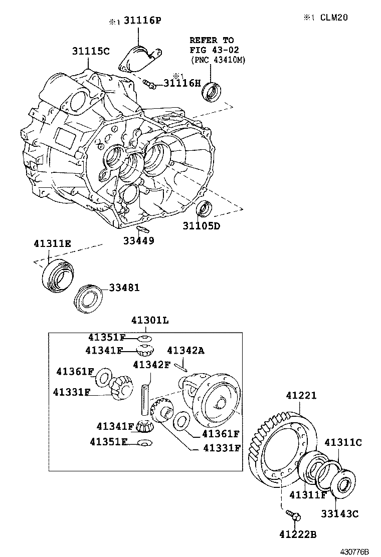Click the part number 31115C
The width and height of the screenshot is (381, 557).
[x=90, y=51]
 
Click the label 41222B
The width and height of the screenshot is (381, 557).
[x=298, y=535]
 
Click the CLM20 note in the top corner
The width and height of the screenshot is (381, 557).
[x=331, y=18]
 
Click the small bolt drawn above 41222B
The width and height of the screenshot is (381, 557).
[x=293, y=514]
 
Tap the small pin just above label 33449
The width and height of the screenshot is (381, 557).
[x=142, y=228]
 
